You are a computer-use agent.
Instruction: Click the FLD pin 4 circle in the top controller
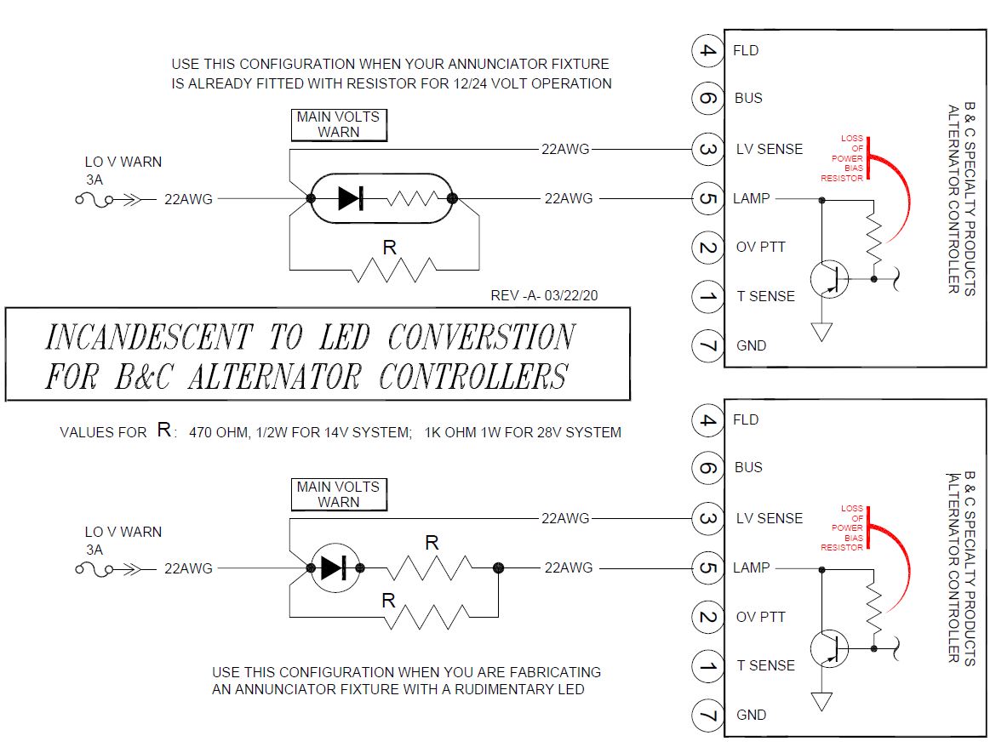coord(707,50)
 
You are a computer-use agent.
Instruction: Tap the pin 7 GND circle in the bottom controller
coord(707,716)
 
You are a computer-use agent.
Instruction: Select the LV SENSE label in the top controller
coord(769,149)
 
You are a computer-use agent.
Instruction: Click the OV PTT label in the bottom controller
coord(760,617)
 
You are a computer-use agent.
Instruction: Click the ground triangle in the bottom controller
coord(821,701)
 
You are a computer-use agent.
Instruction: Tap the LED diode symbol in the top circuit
coord(351,198)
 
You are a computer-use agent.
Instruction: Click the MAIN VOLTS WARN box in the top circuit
coord(339,124)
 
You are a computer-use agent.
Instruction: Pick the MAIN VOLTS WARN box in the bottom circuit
coord(339,494)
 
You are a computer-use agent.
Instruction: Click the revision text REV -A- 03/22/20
coord(544,296)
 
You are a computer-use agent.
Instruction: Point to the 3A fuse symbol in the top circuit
coord(94,200)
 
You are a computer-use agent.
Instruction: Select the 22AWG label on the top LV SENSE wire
coord(565,149)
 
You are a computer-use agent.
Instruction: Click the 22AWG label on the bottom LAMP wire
coord(569,567)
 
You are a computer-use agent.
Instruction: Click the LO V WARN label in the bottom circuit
coord(123,532)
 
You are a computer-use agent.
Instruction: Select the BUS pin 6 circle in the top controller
coord(707,99)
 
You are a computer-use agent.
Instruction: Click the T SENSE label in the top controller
coord(765,296)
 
